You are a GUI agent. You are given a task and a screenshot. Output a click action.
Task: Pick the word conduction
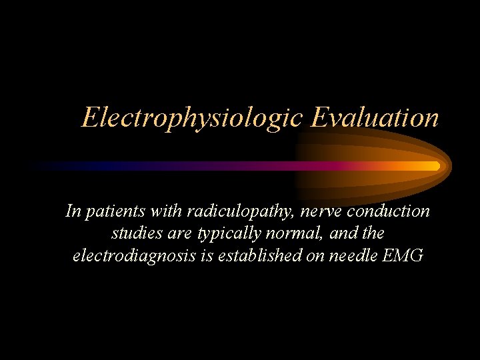(x=389, y=211)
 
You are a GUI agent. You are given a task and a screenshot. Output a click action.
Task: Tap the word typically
(x=219, y=234)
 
